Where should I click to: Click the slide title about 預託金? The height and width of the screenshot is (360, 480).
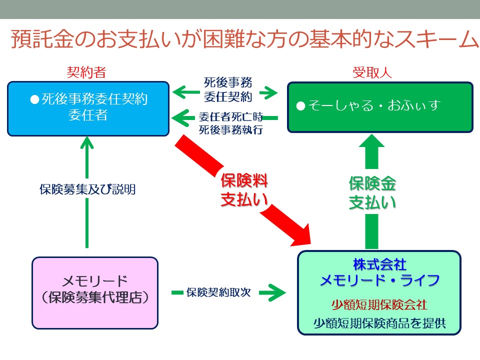244,39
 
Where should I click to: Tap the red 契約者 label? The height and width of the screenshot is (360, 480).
86,72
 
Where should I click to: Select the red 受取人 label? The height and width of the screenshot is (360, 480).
372,72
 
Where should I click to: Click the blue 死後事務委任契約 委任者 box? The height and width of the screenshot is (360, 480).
88,108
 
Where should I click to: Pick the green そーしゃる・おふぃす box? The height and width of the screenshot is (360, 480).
380,107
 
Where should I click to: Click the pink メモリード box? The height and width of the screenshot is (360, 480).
95,293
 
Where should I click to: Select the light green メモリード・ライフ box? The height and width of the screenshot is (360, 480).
379,292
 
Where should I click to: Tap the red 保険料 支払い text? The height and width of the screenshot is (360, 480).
244,190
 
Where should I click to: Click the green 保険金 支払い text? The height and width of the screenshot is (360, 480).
372,193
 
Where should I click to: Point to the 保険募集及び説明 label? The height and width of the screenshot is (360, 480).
87,189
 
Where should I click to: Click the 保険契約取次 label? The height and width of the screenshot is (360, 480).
218,292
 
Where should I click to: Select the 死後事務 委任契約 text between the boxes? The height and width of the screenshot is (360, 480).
228,89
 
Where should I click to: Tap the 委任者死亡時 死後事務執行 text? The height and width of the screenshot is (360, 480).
231,123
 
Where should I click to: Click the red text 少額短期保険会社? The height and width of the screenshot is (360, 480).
379,305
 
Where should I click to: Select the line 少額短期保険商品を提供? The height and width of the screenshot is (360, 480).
379,323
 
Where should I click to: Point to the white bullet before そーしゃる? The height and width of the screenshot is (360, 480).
301,106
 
